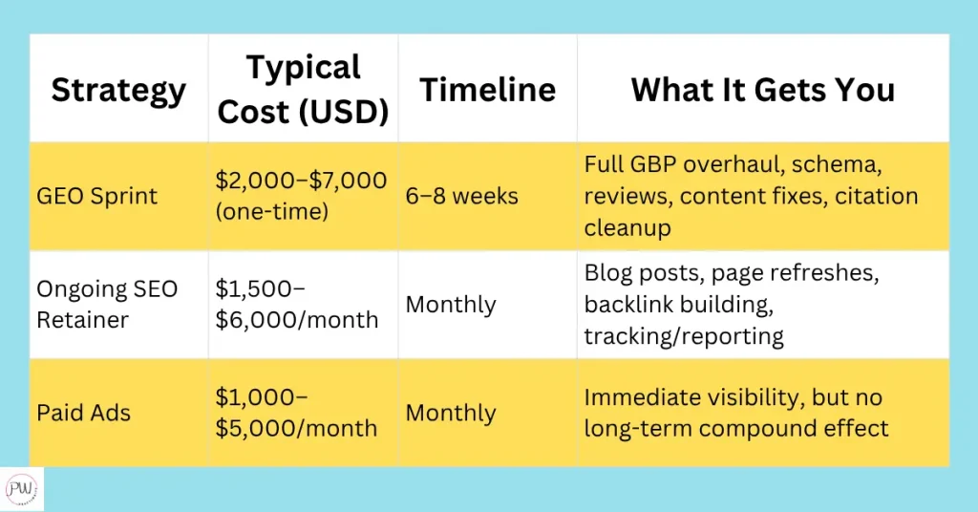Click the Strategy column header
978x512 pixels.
click(118, 91)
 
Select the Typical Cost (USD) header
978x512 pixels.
click(303, 89)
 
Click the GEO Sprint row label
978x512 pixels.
click(96, 196)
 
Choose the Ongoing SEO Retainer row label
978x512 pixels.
click(107, 305)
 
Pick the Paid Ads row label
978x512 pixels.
click(84, 413)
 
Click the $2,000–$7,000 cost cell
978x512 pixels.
click(301, 181)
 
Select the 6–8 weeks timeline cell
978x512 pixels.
click(461, 196)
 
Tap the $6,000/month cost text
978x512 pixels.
click(297, 320)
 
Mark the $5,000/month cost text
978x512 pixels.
click(296, 429)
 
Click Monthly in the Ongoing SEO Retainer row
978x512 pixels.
click(451, 305)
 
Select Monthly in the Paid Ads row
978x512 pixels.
click(451, 413)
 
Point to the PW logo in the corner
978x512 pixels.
click(21, 489)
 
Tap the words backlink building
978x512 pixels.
click(679, 305)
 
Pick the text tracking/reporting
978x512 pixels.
click(684, 336)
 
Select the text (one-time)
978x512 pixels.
click(272, 211)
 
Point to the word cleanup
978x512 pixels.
click(627, 227)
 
